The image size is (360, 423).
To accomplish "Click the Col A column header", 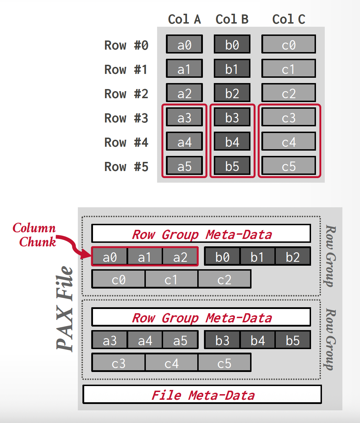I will (184, 19).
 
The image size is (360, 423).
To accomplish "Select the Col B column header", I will (232, 19).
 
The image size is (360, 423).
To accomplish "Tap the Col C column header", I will (288, 19).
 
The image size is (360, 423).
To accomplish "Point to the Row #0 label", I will (126, 45).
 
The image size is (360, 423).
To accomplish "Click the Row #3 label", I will (126, 118).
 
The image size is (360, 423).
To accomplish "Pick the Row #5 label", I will (126, 166).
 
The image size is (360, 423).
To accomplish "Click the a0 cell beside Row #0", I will (184, 44).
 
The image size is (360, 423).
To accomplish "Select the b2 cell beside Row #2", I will (232, 93).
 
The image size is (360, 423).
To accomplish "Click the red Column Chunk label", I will (35, 235).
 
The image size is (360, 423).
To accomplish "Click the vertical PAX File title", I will (65, 308).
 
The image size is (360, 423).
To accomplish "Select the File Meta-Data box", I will (202, 394).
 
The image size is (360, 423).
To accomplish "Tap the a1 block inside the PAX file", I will (145, 257).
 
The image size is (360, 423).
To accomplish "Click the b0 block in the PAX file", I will (222, 257).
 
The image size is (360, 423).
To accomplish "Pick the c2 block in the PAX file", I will (224, 279).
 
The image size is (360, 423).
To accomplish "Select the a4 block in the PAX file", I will (145, 340).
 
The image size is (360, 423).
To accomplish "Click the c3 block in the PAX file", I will (118, 363).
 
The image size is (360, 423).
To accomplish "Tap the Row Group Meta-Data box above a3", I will (201, 317).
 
